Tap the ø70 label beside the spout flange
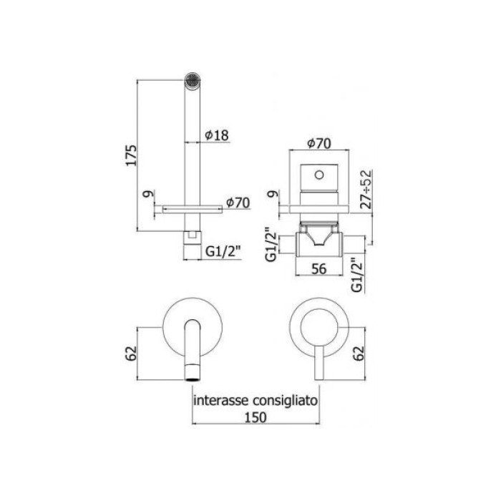[x=236, y=203]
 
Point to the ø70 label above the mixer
[x=319, y=143]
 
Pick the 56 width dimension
[x=319, y=270]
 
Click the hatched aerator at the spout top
[x=192, y=79]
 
